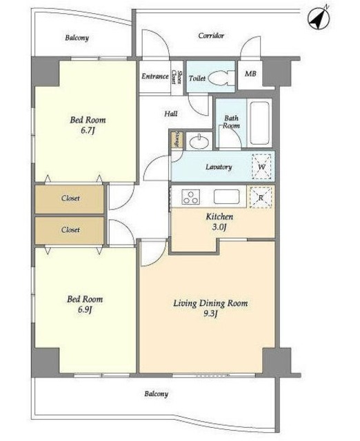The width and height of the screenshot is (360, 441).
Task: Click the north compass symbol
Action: click(319, 19)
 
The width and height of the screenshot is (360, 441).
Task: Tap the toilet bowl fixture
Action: click(222, 78)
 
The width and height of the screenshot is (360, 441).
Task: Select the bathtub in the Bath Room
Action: click(259, 123)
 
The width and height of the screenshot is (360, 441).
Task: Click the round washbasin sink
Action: click(199, 141)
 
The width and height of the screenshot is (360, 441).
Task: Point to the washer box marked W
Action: click(262, 167)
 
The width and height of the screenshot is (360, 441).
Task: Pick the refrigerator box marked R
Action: click(261, 198)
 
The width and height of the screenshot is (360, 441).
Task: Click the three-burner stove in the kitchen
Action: click(191, 197)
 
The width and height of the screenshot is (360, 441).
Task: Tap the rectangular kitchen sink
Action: click(226, 196)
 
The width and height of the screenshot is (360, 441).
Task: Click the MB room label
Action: click(250, 74)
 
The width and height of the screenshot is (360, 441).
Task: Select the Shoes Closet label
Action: click(177, 76)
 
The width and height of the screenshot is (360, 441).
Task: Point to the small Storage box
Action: click(177, 139)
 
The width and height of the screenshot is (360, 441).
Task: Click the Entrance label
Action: click(155, 76)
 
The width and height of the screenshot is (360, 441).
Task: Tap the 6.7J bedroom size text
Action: click(88, 131)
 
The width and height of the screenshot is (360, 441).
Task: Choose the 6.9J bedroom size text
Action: click(85, 310)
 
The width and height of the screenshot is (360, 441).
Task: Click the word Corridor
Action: click(211, 36)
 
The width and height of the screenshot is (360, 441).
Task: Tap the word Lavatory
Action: click(219, 167)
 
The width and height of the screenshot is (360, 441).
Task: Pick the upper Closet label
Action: click(70, 198)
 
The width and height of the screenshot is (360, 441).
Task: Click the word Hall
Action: click(171, 114)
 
